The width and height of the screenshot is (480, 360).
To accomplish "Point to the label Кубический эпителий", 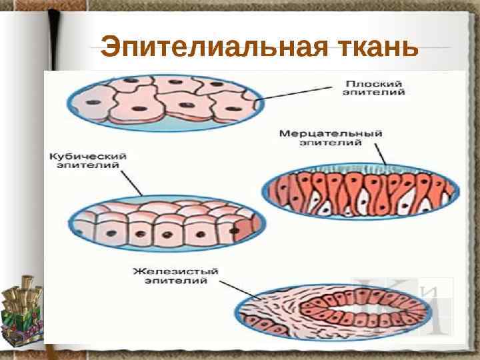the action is point(89,160).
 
